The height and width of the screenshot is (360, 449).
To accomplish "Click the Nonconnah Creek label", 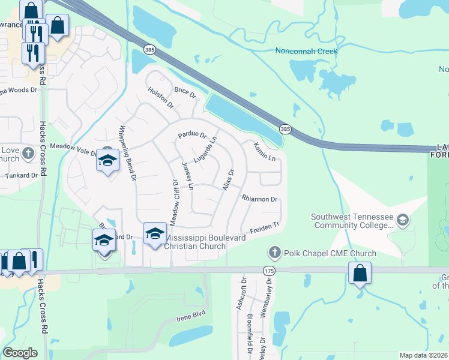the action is pos(306,51).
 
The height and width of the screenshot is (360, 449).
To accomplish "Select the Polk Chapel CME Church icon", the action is pos(274,253).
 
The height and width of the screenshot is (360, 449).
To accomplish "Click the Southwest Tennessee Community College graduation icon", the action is pos(403,220).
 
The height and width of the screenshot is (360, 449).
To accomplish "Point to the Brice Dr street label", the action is pos(185,93).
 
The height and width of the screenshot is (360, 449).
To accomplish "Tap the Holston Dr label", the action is pos(161,97).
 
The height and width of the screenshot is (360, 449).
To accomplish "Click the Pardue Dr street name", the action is pos(192,136).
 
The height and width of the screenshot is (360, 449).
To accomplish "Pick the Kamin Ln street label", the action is pos(264,151).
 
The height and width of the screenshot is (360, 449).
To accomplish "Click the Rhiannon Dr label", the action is pos(259,199).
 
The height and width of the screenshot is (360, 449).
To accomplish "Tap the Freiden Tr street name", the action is pos(265,229).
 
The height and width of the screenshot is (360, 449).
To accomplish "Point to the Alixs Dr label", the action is pos(228,180).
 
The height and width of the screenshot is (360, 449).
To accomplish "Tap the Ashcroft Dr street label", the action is pos(243,294).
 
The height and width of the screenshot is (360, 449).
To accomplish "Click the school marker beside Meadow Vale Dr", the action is pos(107,161).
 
